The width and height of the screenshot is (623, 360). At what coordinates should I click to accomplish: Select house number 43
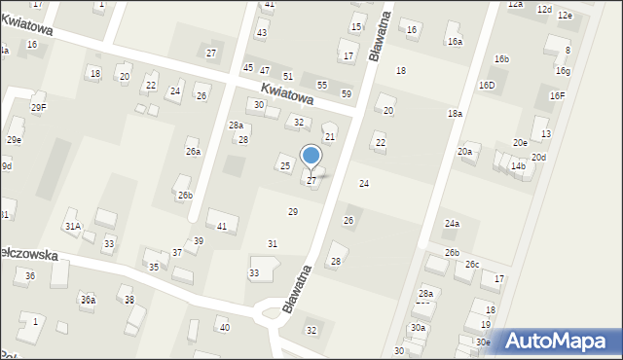pos(261,33)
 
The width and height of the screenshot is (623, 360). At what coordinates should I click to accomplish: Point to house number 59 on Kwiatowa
pos(347,94)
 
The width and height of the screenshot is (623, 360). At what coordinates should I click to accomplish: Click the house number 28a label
pos(236,126)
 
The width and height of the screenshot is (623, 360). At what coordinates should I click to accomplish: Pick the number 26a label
pos(193,152)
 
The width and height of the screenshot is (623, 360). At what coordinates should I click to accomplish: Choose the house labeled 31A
pos(72,226)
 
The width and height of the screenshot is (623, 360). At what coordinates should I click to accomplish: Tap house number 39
pos(198,240)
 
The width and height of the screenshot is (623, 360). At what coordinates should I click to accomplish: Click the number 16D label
pos(486,86)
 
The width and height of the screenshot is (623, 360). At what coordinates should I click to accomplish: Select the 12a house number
pos(515,5)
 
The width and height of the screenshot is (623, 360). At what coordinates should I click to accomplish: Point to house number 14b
pos(519,166)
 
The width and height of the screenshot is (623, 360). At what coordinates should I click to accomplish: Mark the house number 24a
pos(452,224)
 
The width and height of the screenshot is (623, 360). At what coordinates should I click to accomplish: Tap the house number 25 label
pos(285,166)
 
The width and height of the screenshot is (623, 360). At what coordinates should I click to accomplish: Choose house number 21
pos(329,137)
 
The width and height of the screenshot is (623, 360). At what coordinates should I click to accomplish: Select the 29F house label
pos(38,107)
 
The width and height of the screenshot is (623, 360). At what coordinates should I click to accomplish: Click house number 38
pos(129,300)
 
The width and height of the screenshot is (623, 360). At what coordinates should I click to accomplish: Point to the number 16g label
pos(563,71)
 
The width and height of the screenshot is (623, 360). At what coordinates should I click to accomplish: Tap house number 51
pos(287,76)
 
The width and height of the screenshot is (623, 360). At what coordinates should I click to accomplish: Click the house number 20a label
pos(464,152)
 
